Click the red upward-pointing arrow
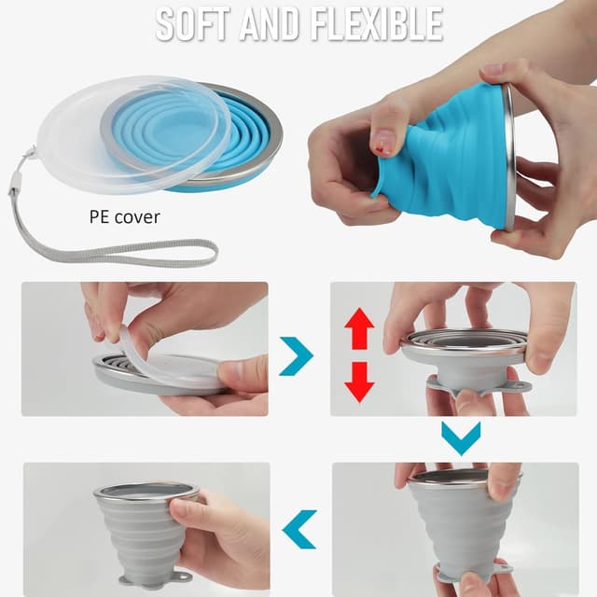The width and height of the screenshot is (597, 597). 359,328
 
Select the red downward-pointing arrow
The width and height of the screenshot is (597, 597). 359,380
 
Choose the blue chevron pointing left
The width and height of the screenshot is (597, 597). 299,529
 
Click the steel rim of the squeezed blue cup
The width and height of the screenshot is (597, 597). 509,154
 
